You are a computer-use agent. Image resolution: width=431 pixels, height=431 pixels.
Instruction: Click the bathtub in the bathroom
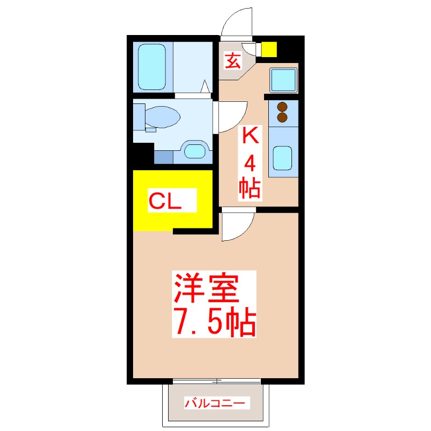coord(152,67)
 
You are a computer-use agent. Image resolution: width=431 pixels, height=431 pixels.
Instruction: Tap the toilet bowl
coord(164,115)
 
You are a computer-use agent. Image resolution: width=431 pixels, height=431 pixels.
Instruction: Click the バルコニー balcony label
coord(216,402)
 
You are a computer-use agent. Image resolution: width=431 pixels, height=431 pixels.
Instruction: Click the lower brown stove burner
coord(282,117)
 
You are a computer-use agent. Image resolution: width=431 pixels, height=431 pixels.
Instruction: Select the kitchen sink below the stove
coord(283,157)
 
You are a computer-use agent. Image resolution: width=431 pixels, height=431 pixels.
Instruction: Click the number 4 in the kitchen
coord(249,163)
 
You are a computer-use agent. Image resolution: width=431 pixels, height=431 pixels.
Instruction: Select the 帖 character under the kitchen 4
coord(249,187)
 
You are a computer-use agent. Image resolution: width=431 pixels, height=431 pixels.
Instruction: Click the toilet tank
coord(139,116)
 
